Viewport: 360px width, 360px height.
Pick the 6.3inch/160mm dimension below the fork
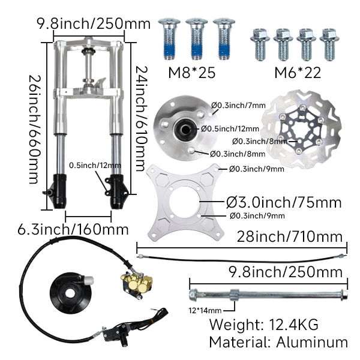pyautogui.click(x=73, y=229)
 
